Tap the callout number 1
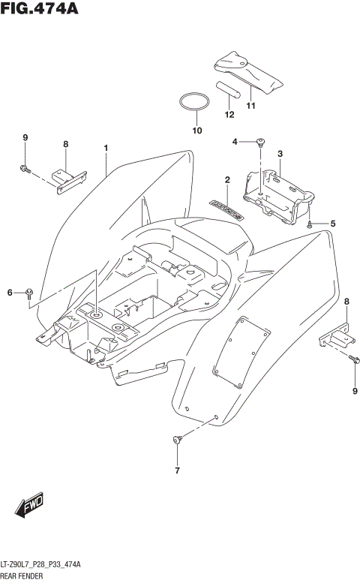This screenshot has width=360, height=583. (106, 148)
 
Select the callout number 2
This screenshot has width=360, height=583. (226, 180)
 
